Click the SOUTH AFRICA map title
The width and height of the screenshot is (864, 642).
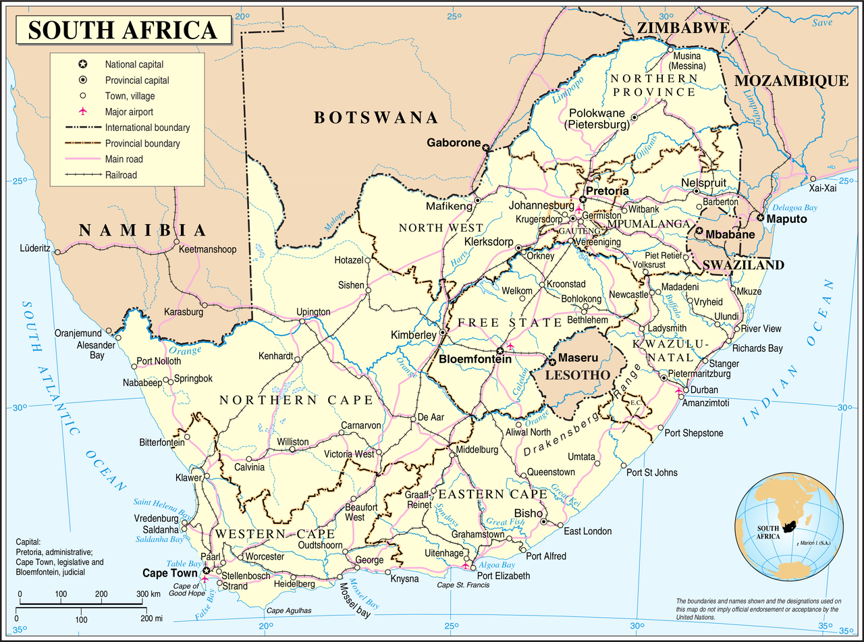pos(123,30)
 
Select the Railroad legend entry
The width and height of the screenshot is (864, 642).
pos(120,175)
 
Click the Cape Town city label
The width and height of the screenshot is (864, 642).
pos(170,572)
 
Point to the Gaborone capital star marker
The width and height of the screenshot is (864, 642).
pos(485,146)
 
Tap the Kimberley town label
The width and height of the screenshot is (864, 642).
pos(413,335)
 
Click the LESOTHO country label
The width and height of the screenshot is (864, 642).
pos(578,375)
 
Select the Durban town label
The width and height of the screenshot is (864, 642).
pos(705,390)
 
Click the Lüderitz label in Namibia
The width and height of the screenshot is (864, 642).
pos(35,248)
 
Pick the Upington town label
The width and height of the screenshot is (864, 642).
pos(313,312)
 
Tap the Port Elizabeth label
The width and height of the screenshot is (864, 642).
pos(504,576)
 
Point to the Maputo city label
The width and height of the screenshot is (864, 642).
pos(787,219)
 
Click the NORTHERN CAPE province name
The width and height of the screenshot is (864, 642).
pos(296,400)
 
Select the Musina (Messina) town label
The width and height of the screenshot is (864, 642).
pos(687,61)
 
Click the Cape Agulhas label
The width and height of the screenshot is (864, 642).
pos(289,610)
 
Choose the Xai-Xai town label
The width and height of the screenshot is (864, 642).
pos(822,188)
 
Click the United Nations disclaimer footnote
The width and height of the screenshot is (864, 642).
pos(758,609)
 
